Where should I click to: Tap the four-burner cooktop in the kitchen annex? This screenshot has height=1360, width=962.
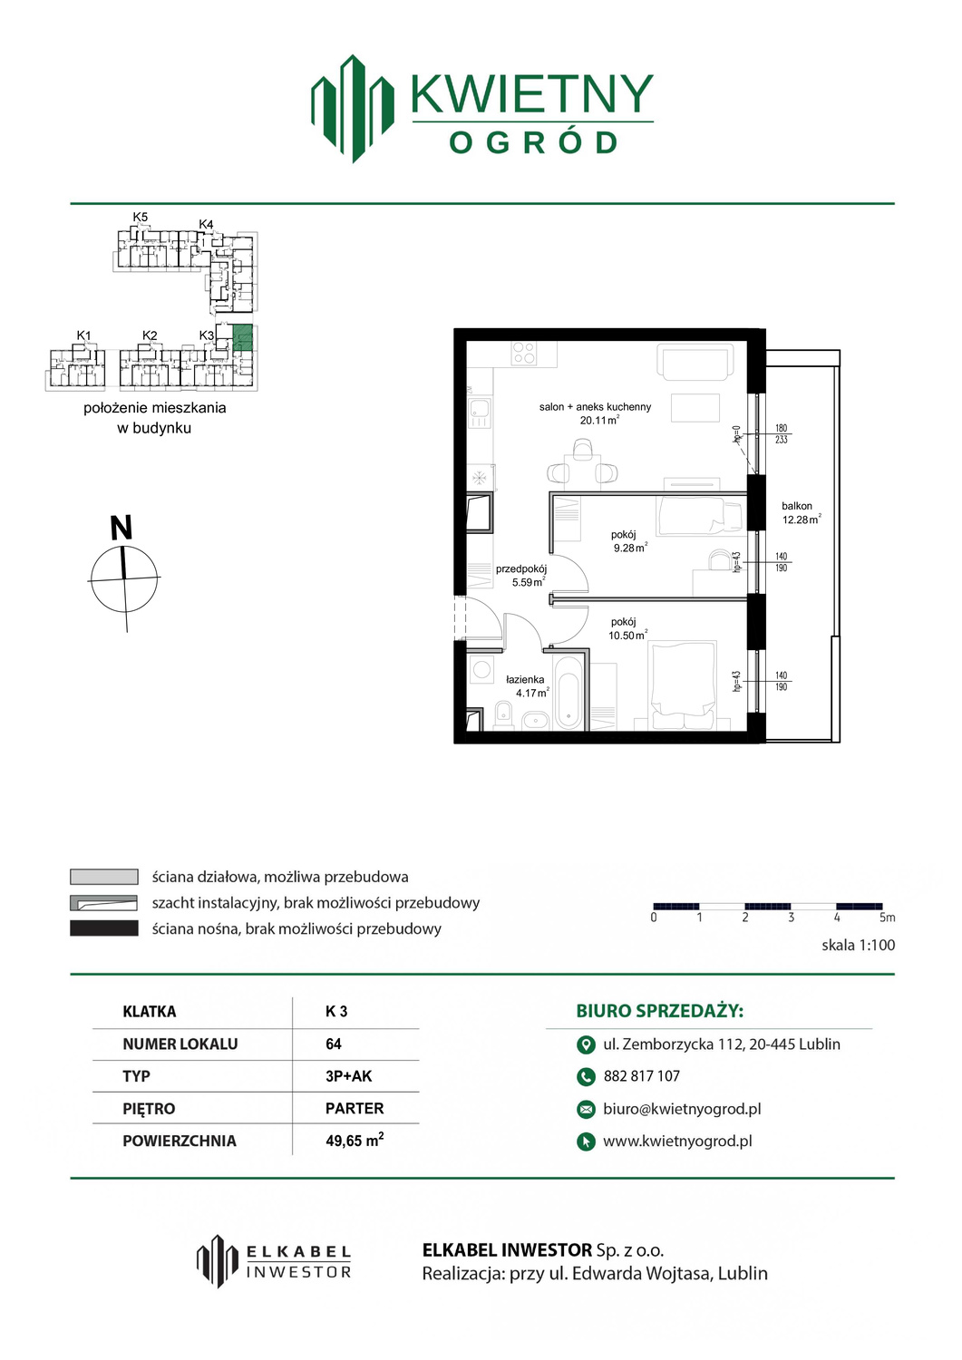click(523, 354)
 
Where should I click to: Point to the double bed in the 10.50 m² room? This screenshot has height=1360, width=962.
click(682, 685)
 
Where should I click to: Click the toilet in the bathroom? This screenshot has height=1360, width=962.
click(503, 715)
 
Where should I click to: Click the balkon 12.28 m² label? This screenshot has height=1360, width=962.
click(802, 513)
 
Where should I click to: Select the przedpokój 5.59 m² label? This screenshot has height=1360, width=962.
click(521, 576)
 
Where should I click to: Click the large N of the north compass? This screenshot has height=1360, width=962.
click(121, 528)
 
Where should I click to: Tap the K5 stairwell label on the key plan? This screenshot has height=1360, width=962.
click(141, 217)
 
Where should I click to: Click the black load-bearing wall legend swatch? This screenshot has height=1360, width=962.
click(104, 928)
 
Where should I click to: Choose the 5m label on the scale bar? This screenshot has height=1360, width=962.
click(887, 918)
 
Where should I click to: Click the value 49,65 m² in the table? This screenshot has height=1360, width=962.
click(355, 1141)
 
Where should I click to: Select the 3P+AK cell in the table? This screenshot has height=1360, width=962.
click(348, 1076)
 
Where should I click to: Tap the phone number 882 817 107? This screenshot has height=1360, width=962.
click(641, 1076)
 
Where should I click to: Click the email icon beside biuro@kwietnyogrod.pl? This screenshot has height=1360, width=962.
click(586, 1109)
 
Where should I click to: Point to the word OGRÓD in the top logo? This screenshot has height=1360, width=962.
click(532, 143)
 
